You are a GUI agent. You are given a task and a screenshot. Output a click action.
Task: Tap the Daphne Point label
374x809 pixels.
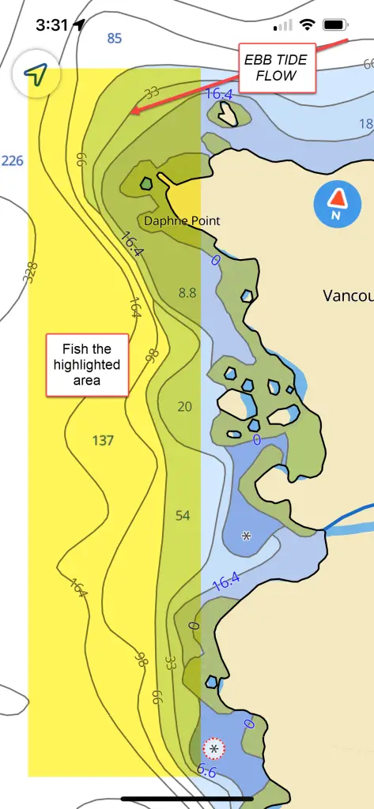tap(182, 221)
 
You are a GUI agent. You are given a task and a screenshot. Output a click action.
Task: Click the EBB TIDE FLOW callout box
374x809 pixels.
tap(277, 67)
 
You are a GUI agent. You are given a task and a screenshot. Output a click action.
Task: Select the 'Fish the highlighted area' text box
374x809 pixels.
tap(87, 364)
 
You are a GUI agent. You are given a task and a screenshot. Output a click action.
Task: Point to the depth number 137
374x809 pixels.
tap(103, 440)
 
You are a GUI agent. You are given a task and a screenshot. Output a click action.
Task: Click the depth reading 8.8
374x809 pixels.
tap(187, 292)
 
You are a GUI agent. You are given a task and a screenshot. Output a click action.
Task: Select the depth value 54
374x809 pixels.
tap(183, 515)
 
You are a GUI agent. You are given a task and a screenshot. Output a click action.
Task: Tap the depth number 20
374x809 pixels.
tap(184, 407)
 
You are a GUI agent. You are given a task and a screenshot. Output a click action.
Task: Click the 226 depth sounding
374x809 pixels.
tap(13, 161)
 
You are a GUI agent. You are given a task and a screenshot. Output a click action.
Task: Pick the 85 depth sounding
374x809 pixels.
tap(115, 38)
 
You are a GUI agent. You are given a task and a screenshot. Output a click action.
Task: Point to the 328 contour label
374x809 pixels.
tap(31, 273)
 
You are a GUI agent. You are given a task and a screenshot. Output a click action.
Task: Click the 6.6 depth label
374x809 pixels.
tap(206, 772)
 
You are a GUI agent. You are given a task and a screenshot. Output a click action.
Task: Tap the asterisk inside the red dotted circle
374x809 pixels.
tap(213, 747)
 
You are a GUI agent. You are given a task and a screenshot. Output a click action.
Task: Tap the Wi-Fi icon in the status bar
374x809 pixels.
tap(306, 24)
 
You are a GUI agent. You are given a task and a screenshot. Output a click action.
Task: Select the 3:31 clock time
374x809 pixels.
tap(51, 24)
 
